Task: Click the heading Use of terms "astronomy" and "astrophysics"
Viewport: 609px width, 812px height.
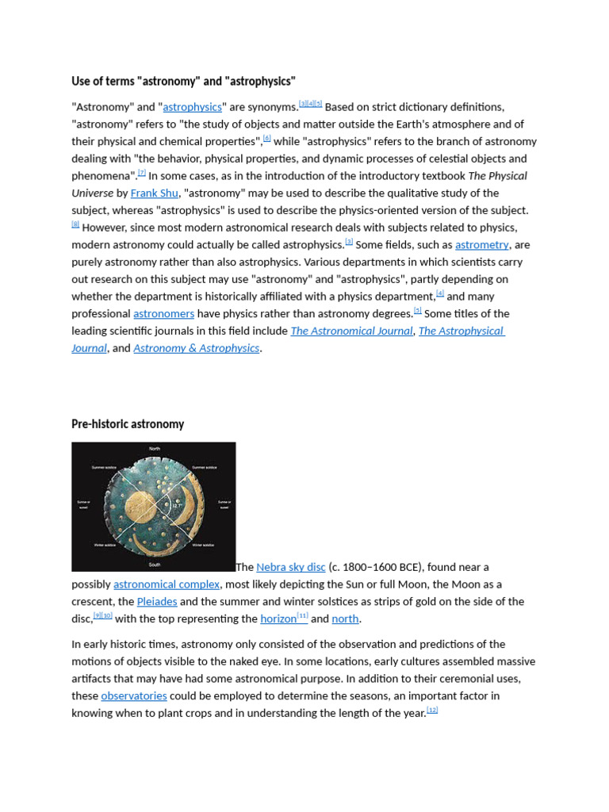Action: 183,82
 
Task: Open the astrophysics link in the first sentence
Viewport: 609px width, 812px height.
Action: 192,107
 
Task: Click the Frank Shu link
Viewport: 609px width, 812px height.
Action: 154,193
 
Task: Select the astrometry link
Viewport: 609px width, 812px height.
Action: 481,245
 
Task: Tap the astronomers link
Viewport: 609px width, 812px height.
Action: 163,314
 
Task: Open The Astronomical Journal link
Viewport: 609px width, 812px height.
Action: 351,331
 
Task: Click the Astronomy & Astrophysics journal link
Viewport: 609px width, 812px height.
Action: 196,348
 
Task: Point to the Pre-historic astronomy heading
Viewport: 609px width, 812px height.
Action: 128,424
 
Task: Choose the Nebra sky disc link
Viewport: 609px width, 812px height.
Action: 291,567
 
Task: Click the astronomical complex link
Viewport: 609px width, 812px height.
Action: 167,584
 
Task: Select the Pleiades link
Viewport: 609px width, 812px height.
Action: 157,602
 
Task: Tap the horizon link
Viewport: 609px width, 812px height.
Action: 278,619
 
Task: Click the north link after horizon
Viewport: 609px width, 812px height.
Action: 345,619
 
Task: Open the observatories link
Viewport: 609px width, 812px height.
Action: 134,696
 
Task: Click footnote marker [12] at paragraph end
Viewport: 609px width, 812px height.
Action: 432,710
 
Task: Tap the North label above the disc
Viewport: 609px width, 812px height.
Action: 154,449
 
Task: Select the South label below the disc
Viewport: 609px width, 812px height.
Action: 154,565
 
